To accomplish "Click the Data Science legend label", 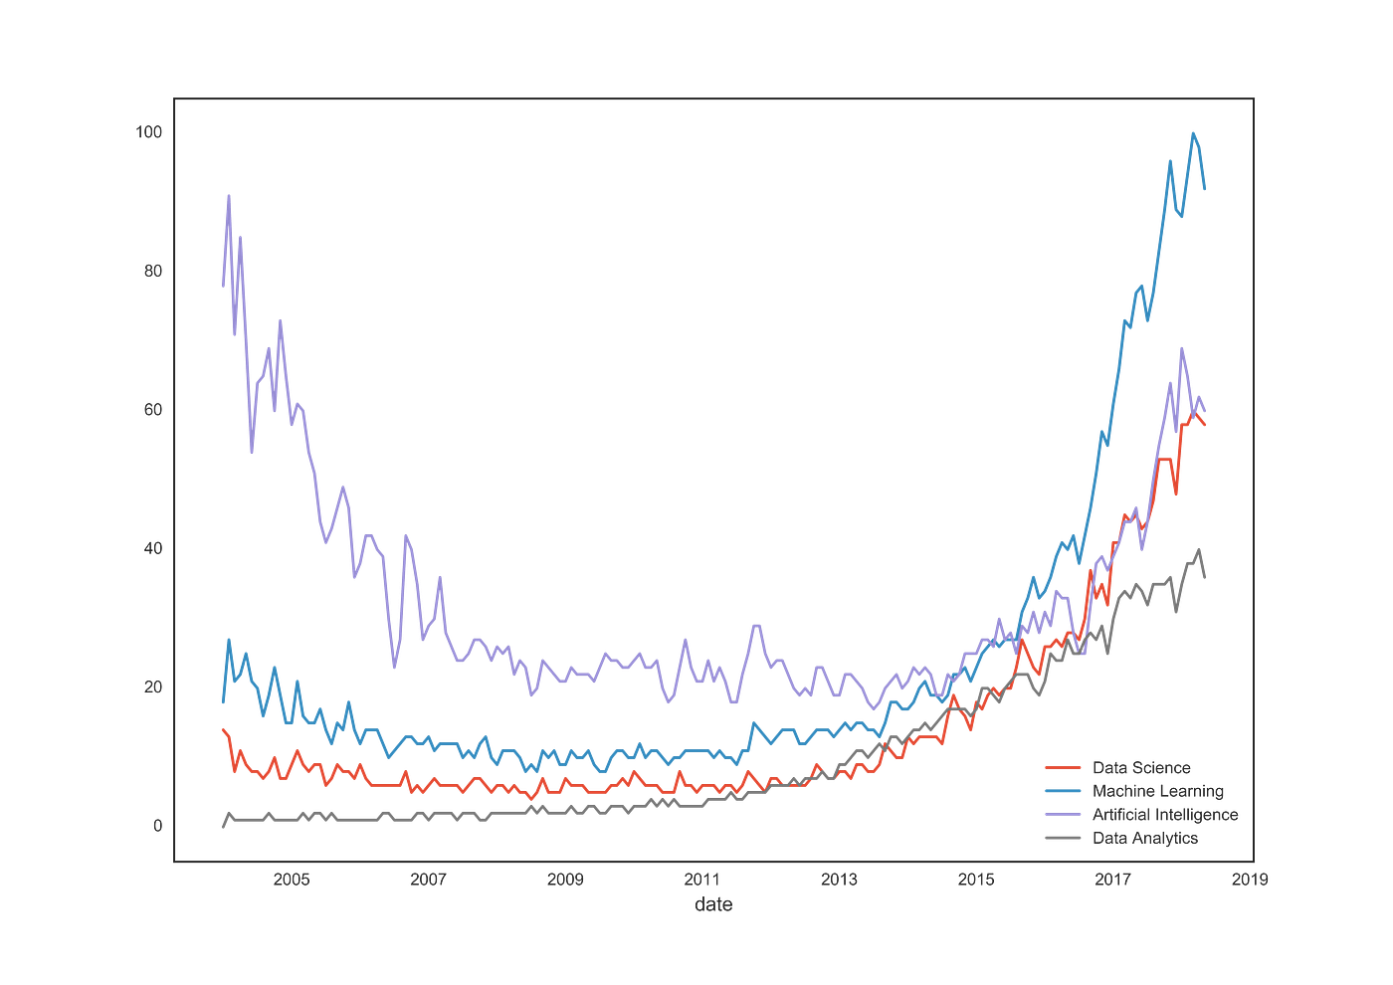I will click(1141, 767).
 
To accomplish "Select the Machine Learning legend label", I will click(1158, 791).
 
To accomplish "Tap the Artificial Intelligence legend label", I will click(1165, 814).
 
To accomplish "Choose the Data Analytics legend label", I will click(1145, 838).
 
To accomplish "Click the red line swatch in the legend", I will click(1063, 767).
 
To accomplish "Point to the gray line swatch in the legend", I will click(1063, 838).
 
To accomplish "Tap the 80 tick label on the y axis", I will click(152, 271).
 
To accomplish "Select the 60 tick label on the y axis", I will click(152, 409).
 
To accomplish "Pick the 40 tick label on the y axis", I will click(152, 548).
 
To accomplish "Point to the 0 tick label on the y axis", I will click(156, 825).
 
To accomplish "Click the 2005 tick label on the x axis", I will click(292, 880).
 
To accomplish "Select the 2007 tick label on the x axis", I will click(429, 880).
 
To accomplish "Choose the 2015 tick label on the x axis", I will click(976, 880).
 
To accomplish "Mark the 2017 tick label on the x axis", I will click(1112, 880).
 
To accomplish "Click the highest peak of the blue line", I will click(1194, 132).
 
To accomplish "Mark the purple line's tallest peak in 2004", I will click(229, 195).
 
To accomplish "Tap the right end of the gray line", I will click(1207, 578).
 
